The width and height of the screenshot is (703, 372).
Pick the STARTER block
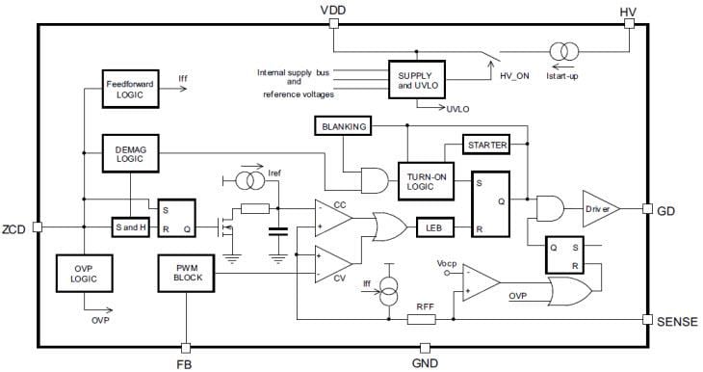(x=487, y=145)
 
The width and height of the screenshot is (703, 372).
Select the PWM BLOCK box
(x=185, y=274)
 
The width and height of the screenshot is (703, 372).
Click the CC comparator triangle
(x=332, y=216)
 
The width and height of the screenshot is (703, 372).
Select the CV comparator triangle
(x=332, y=261)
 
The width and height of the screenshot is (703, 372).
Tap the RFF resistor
(x=424, y=319)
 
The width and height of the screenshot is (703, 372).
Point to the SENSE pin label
(x=676, y=320)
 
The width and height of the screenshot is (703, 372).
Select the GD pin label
(x=667, y=209)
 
